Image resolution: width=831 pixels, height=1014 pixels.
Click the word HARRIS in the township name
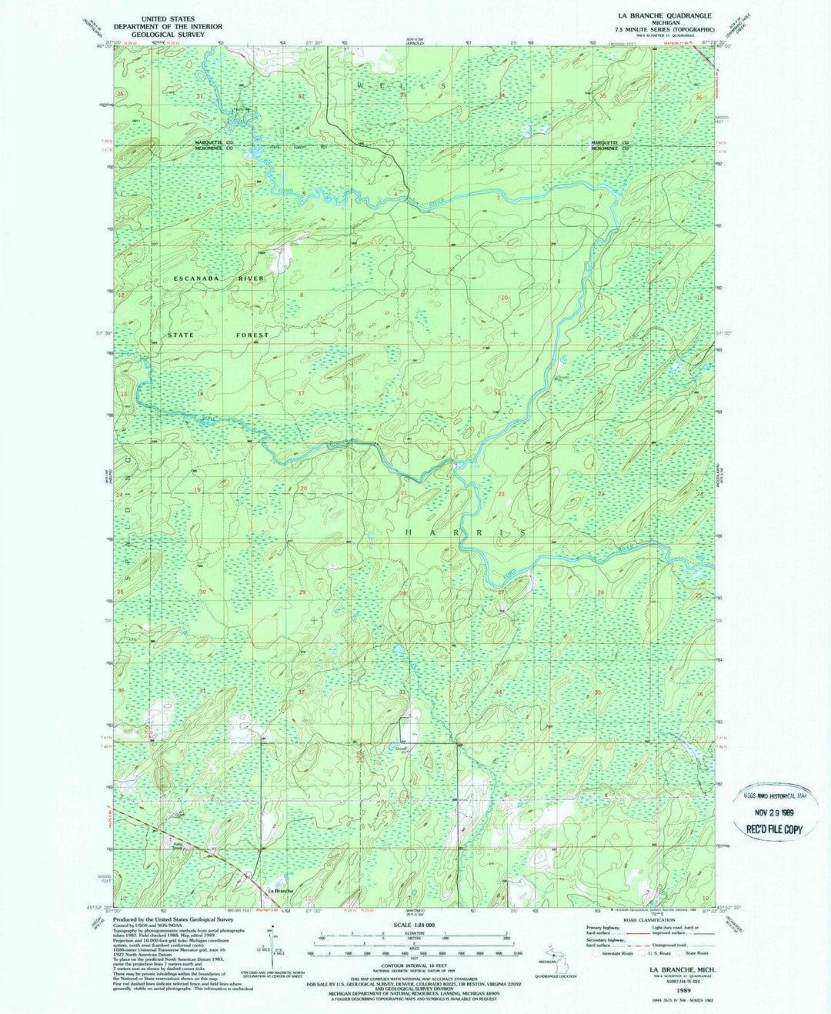coord(466,532)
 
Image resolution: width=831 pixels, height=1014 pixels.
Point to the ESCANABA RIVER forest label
coord(219,278)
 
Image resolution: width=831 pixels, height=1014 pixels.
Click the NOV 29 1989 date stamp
coord(772,813)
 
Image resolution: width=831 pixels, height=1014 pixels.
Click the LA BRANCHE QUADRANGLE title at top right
coord(652,15)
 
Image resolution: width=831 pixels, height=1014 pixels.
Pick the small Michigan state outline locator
coord(549,951)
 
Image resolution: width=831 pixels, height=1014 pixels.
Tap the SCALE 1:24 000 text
coord(414,924)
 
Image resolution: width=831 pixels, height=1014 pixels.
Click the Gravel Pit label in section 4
coord(400,749)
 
